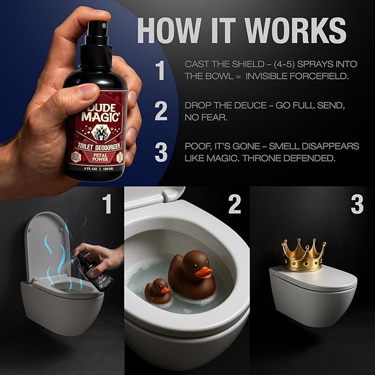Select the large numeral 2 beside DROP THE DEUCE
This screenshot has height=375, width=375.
[x=160, y=111]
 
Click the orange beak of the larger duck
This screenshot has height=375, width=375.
[x=204, y=272]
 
